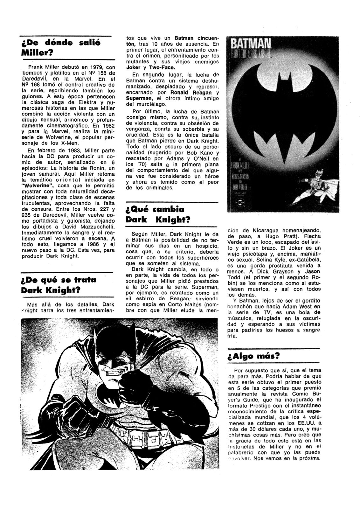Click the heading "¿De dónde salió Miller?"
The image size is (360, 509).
[x=60, y=47]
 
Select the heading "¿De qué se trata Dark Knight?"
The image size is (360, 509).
[x=59, y=285]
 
